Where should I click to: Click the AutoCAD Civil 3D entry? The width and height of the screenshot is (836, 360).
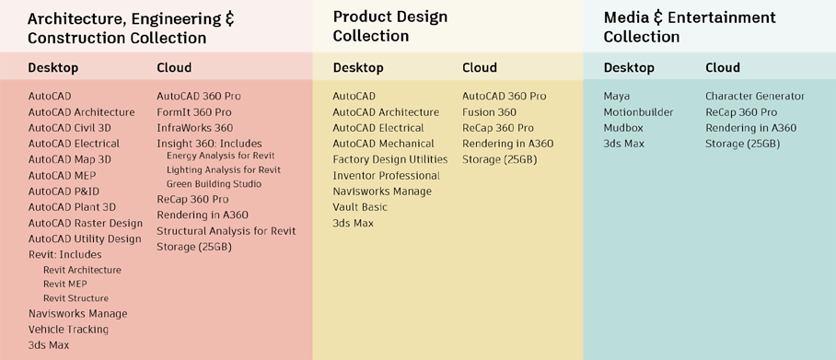69,128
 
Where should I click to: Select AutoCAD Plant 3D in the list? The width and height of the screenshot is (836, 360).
72,207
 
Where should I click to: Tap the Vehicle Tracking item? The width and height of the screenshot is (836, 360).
68,330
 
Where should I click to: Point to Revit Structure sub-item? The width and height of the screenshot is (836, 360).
75,298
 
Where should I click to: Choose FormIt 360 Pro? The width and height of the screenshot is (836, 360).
193,112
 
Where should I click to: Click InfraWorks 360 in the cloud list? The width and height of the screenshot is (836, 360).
194,128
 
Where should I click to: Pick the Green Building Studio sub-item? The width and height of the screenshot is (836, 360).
214,184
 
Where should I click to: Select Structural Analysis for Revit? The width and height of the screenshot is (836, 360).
226,231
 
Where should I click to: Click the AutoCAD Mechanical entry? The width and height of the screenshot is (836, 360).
383,144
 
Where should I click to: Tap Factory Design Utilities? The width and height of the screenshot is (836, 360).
389,159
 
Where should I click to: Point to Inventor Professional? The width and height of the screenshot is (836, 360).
386,176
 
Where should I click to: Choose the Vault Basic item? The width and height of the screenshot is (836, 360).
360,207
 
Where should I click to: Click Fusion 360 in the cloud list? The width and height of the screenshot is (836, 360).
489,112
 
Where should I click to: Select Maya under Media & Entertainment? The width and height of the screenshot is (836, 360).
617,97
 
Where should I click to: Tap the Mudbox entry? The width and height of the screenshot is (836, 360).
623,128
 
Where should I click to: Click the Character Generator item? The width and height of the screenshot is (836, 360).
755,97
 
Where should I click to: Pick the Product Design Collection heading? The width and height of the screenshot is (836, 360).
389,27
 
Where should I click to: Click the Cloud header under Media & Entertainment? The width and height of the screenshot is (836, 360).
723,68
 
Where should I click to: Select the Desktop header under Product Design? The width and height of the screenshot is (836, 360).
358,68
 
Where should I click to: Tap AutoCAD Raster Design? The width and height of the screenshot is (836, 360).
85,223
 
